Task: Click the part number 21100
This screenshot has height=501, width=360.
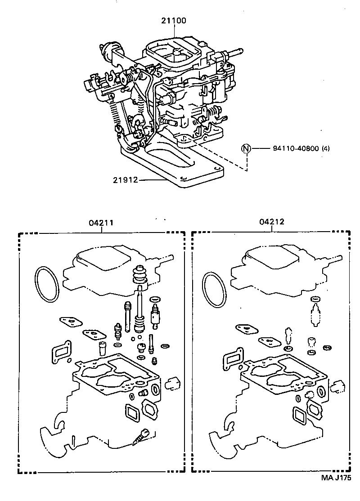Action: (x=174, y=21)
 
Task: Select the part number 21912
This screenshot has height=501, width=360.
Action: (x=126, y=180)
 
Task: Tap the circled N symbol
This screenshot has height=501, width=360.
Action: (x=246, y=148)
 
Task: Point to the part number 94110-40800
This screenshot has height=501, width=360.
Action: (x=296, y=148)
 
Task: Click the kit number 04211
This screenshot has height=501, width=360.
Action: (x=101, y=223)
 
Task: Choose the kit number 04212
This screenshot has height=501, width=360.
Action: (x=272, y=222)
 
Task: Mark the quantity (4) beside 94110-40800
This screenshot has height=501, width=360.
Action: (x=326, y=148)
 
